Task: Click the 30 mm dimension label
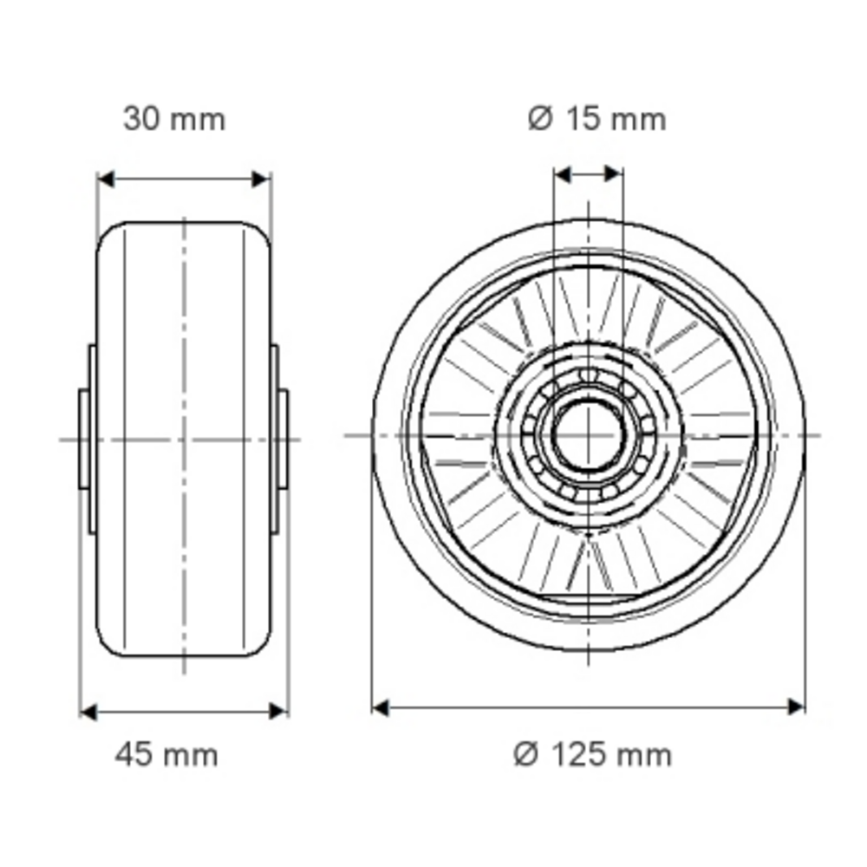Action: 174,119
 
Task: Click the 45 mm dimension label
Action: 166,755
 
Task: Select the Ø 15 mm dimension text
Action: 597,119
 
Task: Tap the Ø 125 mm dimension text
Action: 593,755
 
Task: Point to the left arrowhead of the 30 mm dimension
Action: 106,179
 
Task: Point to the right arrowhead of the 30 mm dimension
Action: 261,179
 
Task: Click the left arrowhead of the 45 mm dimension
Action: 88,711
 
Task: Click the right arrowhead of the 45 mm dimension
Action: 278,711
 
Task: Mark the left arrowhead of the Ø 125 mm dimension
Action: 381,707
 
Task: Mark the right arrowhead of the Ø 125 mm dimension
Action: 796,707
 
